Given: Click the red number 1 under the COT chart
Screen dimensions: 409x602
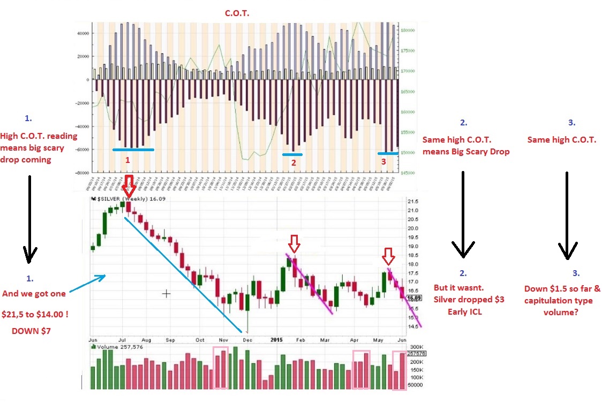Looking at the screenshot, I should pyautogui.click(x=127, y=160).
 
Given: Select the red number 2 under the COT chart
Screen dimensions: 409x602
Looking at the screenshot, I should pyautogui.click(x=293, y=162).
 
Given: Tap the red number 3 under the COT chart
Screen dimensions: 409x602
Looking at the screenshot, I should pyautogui.click(x=383, y=161).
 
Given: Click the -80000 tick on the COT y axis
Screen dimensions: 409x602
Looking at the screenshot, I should pyautogui.click(x=82, y=173).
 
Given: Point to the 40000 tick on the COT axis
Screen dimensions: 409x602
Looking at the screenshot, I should pyautogui.click(x=83, y=33).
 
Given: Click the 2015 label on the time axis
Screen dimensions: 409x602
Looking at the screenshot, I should pyautogui.click(x=276, y=340).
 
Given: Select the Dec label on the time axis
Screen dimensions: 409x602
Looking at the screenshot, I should pyautogui.click(x=247, y=340).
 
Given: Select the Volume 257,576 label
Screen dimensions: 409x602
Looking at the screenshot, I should pyautogui.click(x=115, y=346).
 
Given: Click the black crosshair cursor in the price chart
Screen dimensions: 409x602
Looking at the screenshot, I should pyautogui.click(x=167, y=293).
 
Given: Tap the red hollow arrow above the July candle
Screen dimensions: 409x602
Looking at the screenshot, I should pyautogui.click(x=129, y=188).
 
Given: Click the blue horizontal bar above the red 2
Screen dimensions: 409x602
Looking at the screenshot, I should pyautogui.click(x=292, y=154).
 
